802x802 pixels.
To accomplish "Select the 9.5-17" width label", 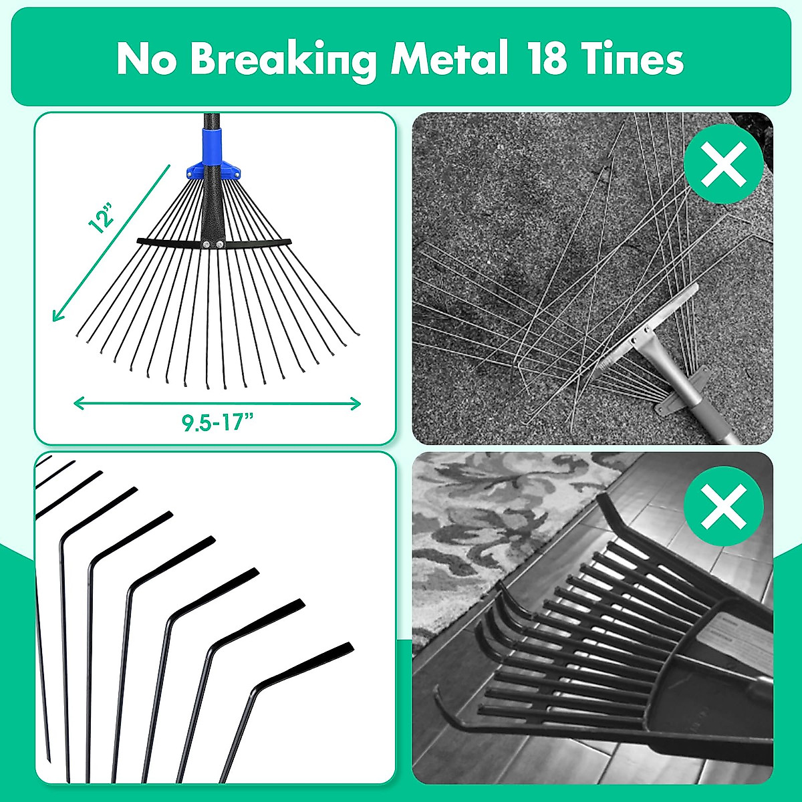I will (217, 422).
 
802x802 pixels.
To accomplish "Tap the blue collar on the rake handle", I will (215, 148).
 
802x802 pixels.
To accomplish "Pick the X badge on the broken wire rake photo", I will (724, 164).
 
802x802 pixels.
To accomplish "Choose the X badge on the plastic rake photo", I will (724, 507).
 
